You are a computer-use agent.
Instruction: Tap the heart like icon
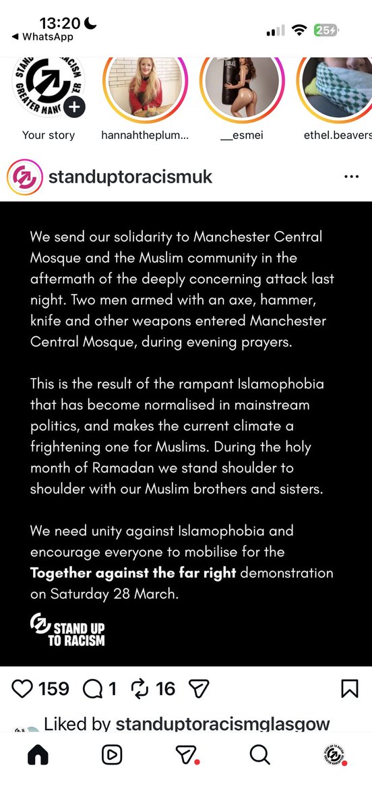tap(23, 688)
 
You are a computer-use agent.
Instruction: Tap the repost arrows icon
tap(139, 688)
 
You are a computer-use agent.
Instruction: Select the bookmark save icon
tap(349, 688)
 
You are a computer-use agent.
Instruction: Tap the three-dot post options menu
tap(351, 177)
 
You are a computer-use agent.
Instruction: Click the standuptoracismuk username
tap(130, 177)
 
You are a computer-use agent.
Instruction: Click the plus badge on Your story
tap(75, 107)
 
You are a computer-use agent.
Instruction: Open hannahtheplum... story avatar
tap(144, 88)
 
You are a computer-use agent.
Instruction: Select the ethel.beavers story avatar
tap(337, 88)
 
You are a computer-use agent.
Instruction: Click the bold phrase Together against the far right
tap(133, 573)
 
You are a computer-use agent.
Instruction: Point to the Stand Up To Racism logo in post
tap(67, 630)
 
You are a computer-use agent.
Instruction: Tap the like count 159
tap(54, 688)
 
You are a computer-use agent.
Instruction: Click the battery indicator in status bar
tap(325, 30)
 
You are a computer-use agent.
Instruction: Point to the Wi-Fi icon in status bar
tap(299, 30)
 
